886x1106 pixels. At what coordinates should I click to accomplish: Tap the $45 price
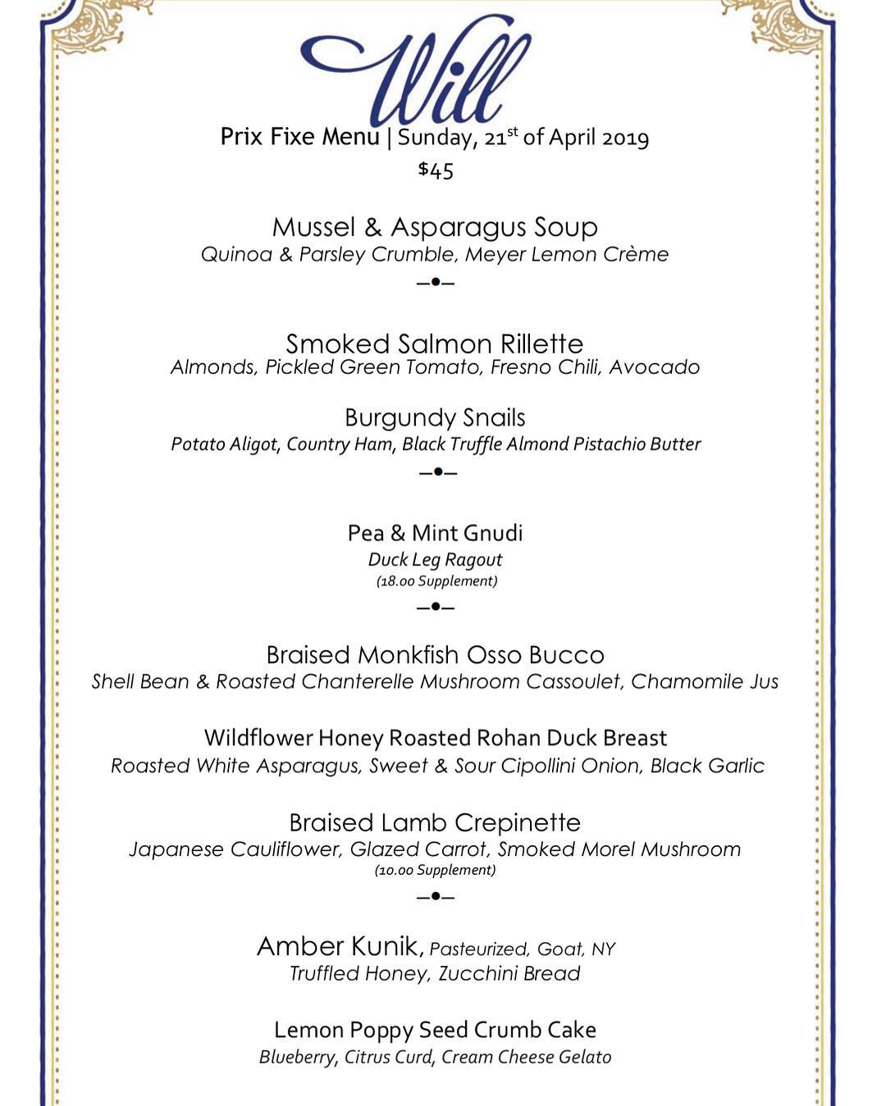coord(436,170)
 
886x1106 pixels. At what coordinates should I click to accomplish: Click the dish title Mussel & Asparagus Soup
coord(435,227)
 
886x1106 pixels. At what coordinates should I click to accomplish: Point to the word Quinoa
coord(236,254)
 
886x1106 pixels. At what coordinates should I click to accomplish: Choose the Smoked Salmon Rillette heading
coord(435,344)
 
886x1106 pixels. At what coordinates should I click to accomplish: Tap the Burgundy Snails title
coord(435,418)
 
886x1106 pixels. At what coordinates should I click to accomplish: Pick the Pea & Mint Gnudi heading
coord(435,533)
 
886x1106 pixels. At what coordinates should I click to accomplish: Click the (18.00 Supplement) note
coord(436,581)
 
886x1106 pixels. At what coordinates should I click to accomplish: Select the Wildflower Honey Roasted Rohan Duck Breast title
coord(435,738)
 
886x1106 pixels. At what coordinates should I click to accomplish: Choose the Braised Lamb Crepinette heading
coord(435,822)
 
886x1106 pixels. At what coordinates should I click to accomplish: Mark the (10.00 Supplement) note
coord(435,870)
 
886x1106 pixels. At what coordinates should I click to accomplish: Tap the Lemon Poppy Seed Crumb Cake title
coord(435,1030)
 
